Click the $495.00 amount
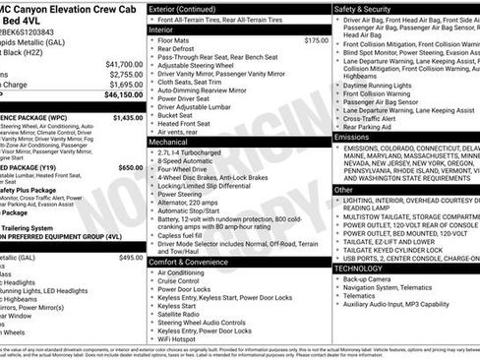131,257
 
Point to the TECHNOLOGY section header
358,268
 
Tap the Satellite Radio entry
179,316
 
